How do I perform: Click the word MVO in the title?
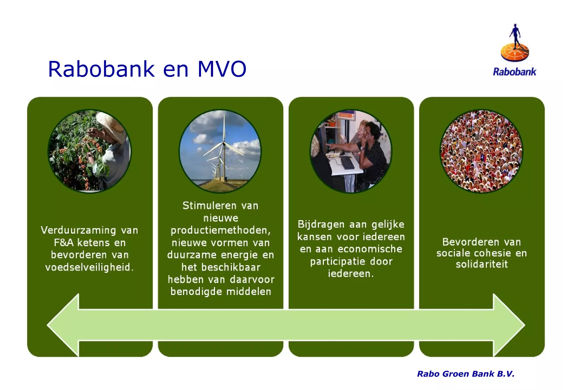tap(222, 69)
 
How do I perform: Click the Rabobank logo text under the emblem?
tap(514, 72)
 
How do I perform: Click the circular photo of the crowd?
tap(481, 151)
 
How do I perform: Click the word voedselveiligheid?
tap(89, 267)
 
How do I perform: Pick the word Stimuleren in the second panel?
tap(209, 206)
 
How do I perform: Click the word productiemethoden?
tap(220, 230)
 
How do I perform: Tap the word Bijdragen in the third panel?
tap(321, 224)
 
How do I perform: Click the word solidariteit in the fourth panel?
tap(482, 264)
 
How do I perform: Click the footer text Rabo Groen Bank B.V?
tap(465, 374)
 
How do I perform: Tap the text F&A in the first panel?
tap(64, 243)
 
